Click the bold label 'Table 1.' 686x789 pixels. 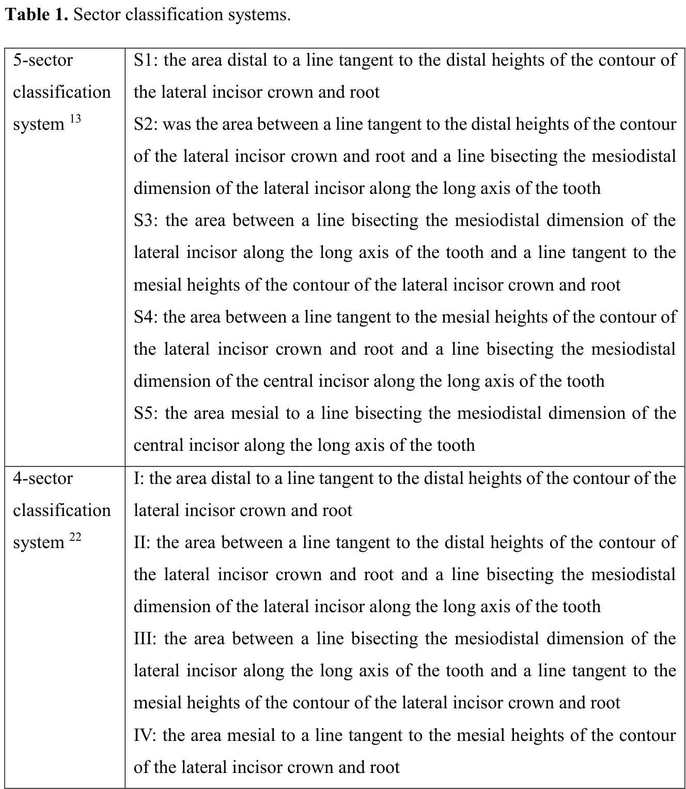(x=36, y=14)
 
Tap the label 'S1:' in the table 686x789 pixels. (x=146, y=60)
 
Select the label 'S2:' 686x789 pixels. (x=146, y=125)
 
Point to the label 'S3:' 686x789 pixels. (x=147, y=221)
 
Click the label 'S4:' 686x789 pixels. (x=146, y=317)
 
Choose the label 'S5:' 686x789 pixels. (x=147, y=413)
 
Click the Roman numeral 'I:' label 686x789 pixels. (x=139, y=478)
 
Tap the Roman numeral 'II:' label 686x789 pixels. (x=142, y=542)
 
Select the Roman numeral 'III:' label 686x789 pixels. (x=146, y=639)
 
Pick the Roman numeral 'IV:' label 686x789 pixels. (x=145, y=735)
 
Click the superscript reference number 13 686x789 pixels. (x=75, y=119)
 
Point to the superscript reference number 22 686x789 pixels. (x=75, y=537)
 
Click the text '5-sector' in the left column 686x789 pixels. (x=43, y=60)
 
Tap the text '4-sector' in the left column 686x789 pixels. (x=43, y=479)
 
